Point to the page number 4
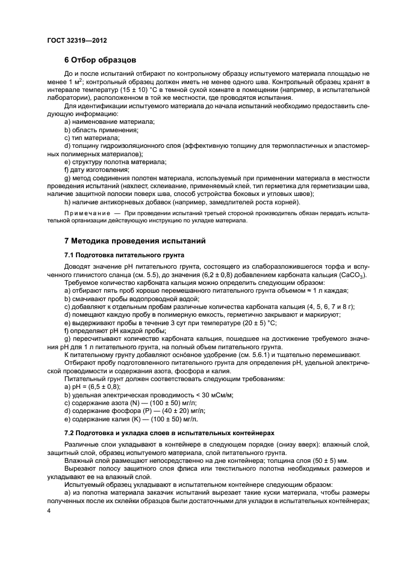49,510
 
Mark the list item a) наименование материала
109,121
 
